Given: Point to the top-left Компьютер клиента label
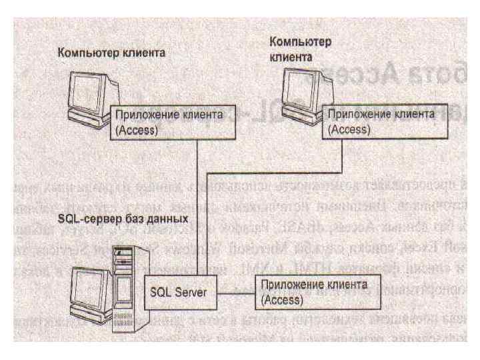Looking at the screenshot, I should point(111,53).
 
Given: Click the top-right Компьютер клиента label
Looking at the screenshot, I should point(300,49).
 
